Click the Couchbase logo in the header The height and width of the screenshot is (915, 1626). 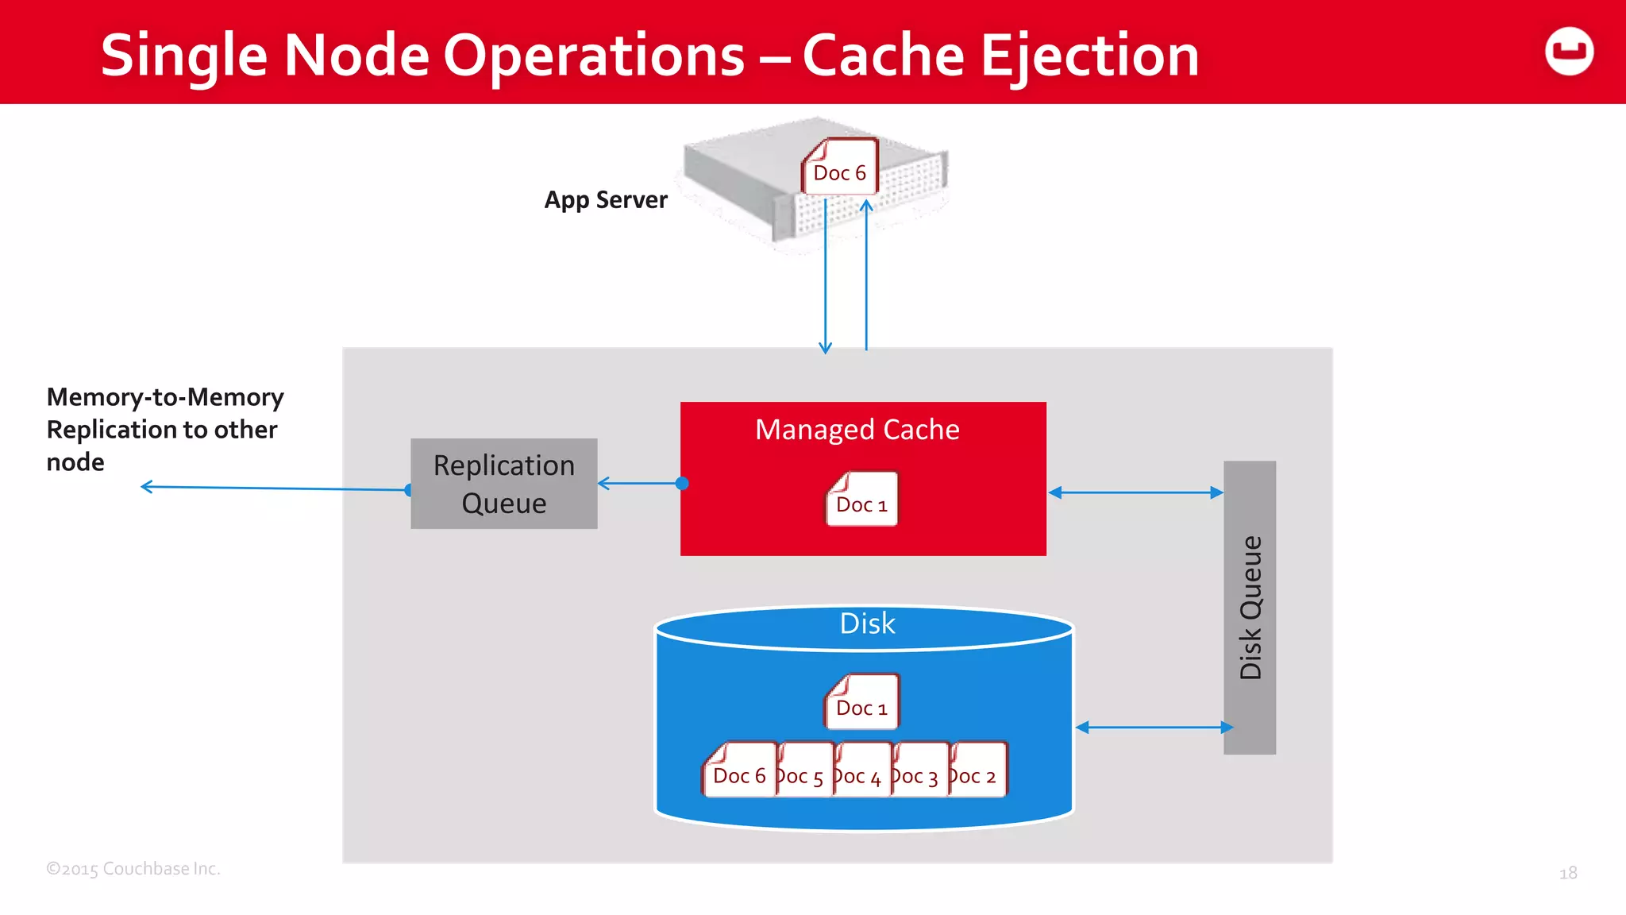(x=1569, y=52)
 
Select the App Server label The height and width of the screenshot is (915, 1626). (x=606, y=199)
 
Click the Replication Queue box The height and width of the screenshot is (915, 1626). (x=503, y=484)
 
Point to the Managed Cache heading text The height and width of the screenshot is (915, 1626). (x=857, y=430)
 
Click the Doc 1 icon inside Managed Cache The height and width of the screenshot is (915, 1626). (x=861, y=500)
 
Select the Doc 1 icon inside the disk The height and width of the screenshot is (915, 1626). (x=861, y=702)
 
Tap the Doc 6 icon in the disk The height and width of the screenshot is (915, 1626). (x=738, y=771)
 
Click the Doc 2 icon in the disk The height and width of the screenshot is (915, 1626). (x=978, y=771)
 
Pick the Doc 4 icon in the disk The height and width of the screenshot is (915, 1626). (x=862, y=771)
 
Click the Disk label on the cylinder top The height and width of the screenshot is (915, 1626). (x=867, y=624)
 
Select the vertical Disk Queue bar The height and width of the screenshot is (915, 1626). (x=1250, y=607)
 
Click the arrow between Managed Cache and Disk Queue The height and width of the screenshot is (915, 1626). (x=1135, y=492)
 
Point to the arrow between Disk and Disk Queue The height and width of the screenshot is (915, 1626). (x=1154, y=727)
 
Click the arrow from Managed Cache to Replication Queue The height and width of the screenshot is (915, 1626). (x=639, y=483)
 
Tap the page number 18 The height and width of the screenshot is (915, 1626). (x=1567, y=873)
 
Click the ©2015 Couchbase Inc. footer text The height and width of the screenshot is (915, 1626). (x=133, y=869)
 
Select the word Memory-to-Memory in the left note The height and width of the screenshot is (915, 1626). (x=165, y=397)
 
